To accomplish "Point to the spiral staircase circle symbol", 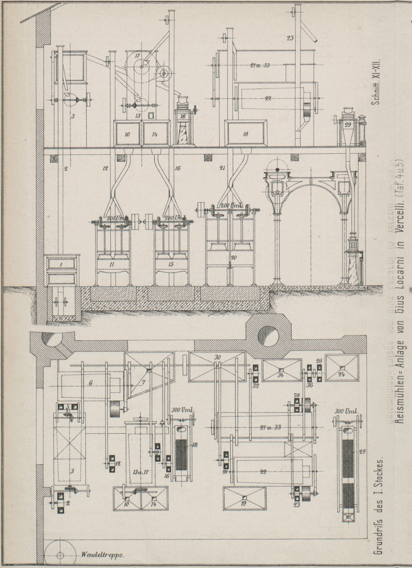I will (59, 555).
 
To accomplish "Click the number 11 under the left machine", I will (112, 265).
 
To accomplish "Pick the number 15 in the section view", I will (171, 265).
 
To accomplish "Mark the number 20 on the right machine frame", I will (231, 258).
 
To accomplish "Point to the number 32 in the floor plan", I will (256, 385).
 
